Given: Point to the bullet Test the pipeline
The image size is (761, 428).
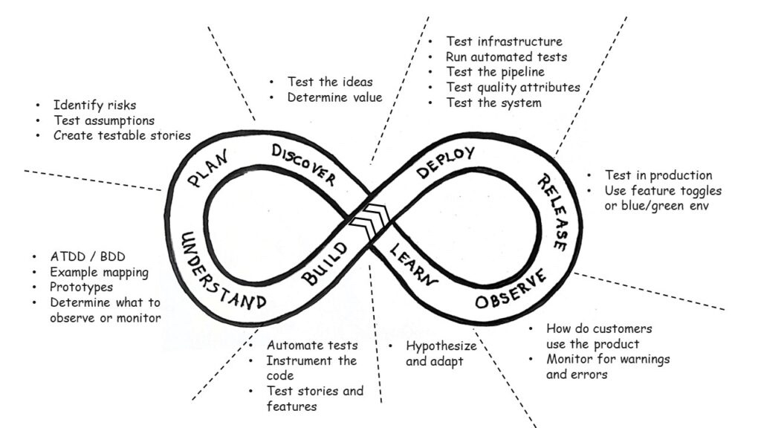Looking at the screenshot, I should (x=495, y=72).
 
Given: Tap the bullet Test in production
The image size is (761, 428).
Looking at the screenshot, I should (x=658, y=175).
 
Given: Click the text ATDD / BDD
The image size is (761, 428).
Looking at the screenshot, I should (x=84, y=257).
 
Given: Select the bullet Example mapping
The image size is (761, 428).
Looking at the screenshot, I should (x=99, y=272).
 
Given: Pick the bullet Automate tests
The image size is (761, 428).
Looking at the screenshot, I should (x=312, y=346).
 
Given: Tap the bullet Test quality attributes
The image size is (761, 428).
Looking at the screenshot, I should (x=513, y=87).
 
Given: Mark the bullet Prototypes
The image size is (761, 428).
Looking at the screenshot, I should (x=81, y=287).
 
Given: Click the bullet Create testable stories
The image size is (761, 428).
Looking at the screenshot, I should (x=121, y=135).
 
